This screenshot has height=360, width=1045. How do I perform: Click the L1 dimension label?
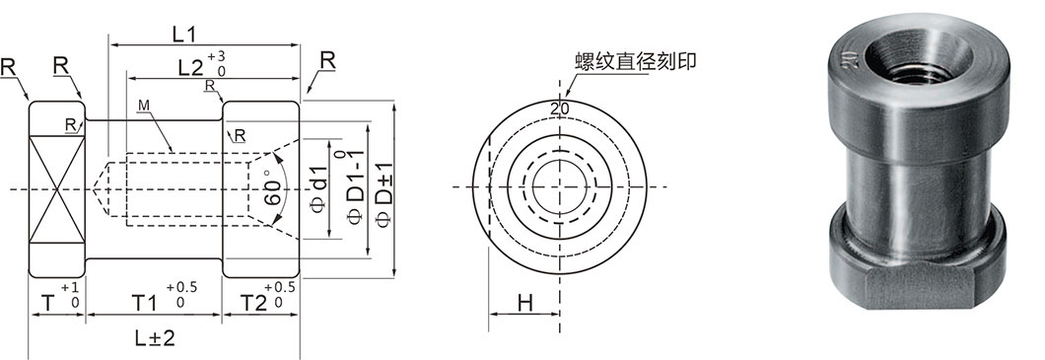[184, 33]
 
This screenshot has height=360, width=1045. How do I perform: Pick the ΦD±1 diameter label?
[383, 187]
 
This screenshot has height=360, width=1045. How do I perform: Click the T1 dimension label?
[145, 301]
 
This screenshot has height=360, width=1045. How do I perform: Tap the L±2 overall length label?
[156, 337]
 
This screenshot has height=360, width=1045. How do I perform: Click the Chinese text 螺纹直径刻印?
[635, 60]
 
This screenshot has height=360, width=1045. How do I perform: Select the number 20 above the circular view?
[560, 108]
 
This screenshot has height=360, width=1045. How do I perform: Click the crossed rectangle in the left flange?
[56, 187]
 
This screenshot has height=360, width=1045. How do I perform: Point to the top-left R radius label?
[8, 68]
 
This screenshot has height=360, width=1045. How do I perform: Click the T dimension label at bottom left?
[47, 302]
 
